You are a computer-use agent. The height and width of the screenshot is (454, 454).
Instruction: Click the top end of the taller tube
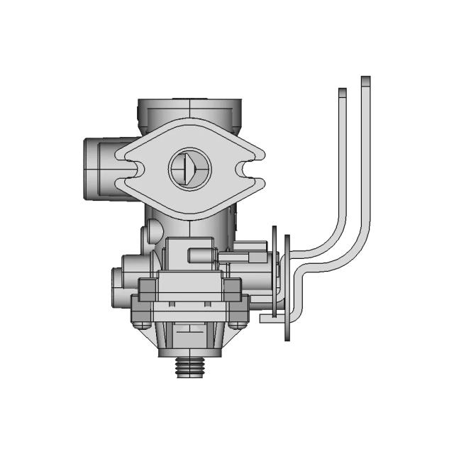(x=365, y=80)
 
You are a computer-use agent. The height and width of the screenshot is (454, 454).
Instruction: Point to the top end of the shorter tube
(x=342, y=92)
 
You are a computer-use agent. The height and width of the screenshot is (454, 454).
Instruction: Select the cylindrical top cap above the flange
(x=190, y=111)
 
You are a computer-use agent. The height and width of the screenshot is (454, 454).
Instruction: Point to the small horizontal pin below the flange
(x=202, y=253)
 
